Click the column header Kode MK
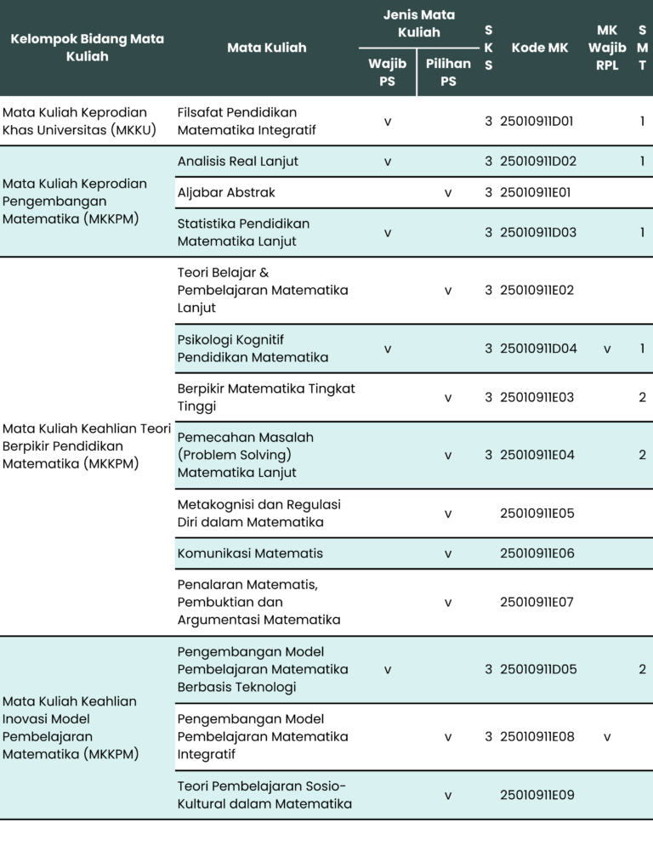coord(540,48)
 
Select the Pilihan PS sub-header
coord(448,72)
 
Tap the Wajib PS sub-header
coord(387,72)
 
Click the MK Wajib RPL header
coord(607,48)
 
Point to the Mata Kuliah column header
coord(266,48)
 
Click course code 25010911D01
coord(538,122)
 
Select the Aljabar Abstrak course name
coord(226,192)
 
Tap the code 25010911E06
coord(537,553)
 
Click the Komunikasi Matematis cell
coord(250,553)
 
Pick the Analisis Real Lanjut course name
coord(238,161)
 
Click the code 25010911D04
coord(538,349)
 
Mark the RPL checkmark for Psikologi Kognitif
coord(607,349)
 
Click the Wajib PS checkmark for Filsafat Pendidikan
coord(388,122)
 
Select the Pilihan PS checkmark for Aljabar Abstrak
coord(448,192)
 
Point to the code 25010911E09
coord(537,796)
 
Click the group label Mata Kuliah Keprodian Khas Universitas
coord(75,122)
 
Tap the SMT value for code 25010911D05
coord(642,669)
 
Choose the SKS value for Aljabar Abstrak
coord(489,192)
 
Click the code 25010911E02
coord(537,290)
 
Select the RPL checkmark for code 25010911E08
coord(607,736)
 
